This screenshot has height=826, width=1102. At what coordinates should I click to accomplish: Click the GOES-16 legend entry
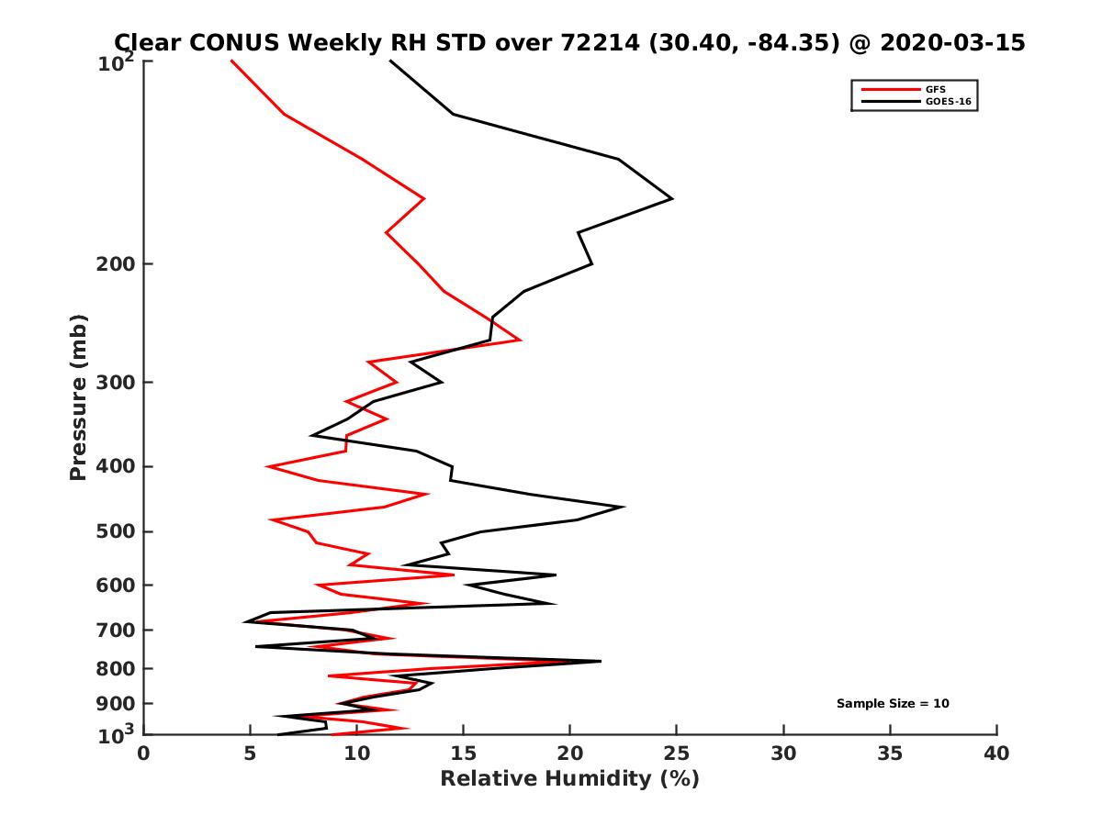click(x=947, y=101)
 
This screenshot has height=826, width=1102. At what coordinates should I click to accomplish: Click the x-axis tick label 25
click(x=677, y=754)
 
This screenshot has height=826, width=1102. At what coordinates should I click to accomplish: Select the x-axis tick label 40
click(x=996, y=754)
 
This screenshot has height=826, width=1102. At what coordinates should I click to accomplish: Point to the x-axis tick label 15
click(x=463, y=754)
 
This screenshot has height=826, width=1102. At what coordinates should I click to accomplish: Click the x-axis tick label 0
click(x=144, y=754)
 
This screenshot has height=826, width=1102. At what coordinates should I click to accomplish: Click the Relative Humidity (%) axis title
click(x=569, y=779)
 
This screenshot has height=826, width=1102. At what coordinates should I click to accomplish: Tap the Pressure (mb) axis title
click(x=78, y=396)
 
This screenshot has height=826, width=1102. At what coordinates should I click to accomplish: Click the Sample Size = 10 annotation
click(x=892, y=704)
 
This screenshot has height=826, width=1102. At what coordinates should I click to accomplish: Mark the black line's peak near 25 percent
click(x=672, y=198)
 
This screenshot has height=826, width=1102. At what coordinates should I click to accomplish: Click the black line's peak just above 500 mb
click(x=624, y=507)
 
